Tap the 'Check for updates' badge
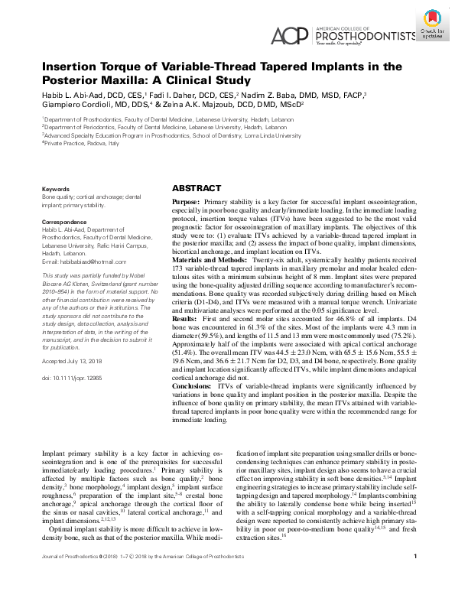click(432, 23)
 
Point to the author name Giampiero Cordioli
click(75, 105)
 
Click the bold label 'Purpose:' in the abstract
click(187, 200)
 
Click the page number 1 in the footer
click(413, 577)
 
